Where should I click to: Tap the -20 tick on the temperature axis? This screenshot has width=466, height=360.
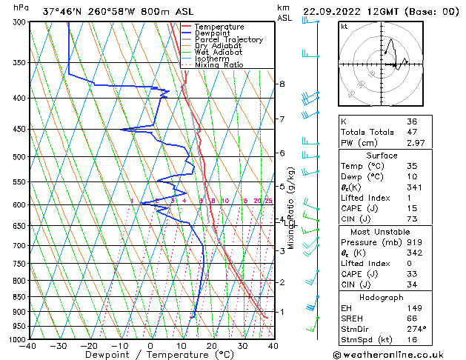(88, 345)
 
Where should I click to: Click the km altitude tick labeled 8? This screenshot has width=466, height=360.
(282, 84)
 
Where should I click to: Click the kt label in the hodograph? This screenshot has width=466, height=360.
(344, 27)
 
